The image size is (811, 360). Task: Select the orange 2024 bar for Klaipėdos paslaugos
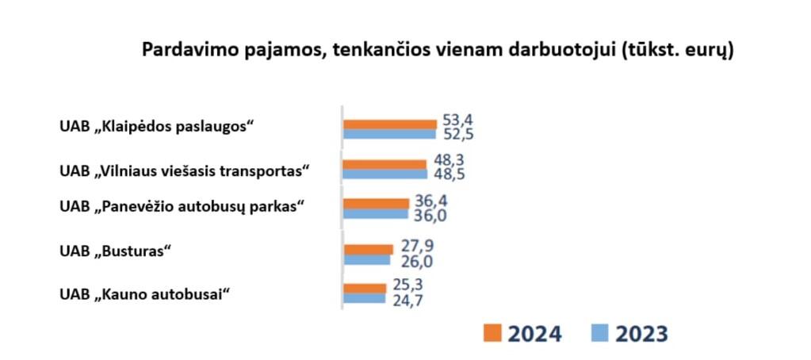point(389,124)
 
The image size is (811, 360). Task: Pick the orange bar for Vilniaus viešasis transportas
point(384,164)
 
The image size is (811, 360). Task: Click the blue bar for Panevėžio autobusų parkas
point(375,214)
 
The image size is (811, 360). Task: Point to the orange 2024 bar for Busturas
point(369,249)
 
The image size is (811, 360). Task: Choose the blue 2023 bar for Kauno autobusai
point(364,299)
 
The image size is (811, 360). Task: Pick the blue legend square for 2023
point(601,333)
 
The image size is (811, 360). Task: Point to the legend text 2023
point(641,334)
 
